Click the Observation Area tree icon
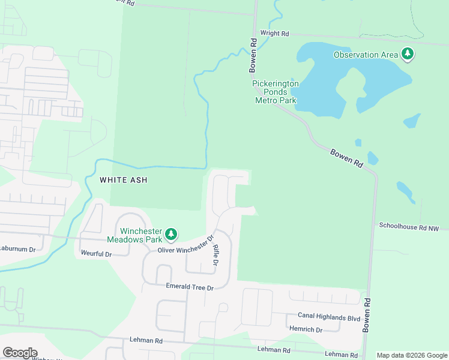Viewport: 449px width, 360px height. coord(408,54)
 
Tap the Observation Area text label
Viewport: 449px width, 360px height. coord(366,55)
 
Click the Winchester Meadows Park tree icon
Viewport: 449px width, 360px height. coord(171,234)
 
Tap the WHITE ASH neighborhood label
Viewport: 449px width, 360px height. coord(123,179)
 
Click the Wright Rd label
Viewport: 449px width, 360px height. coord(275,34)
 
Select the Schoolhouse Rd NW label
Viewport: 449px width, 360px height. coord(412,226)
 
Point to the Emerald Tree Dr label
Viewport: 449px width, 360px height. coord(190,287)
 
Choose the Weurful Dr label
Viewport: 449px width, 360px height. coord(96,254)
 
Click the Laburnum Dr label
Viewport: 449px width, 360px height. coord(18,248)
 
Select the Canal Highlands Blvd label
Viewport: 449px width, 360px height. coord(329,317)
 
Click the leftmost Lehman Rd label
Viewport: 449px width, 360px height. coord(146,340)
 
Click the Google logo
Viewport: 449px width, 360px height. coord(20,353)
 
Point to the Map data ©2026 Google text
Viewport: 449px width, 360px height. coord(412,355)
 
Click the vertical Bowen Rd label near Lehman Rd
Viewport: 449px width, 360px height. coord(366,316)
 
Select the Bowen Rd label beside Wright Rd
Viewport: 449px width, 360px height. coord(253,56)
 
